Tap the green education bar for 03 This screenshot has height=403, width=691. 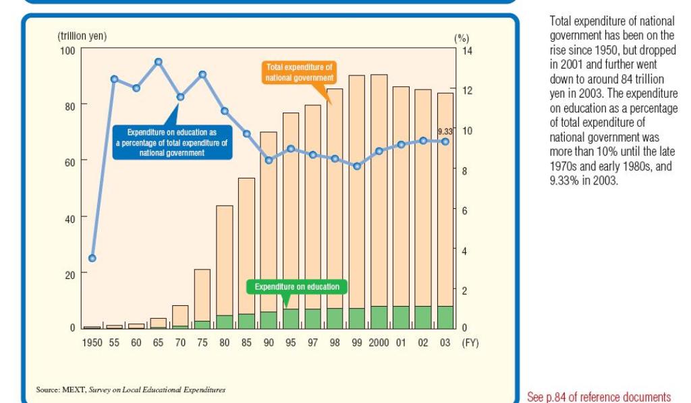point(445,317)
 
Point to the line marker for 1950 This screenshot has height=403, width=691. point(92,258)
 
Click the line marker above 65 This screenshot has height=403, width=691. point(159,62)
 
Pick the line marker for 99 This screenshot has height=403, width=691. point(357,166)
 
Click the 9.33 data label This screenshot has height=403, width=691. point(445,131)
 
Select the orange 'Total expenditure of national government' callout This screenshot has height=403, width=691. point(299,73)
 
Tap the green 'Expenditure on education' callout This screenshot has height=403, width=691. point(297,287)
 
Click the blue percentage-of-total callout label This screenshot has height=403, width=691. point(172,142)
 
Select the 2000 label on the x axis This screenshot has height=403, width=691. point(379,343)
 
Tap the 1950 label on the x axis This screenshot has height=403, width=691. point(92,343)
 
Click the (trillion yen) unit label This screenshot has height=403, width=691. point(82,36)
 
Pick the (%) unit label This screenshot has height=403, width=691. point(462,39)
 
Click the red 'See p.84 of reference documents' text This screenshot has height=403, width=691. point(599,396)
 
